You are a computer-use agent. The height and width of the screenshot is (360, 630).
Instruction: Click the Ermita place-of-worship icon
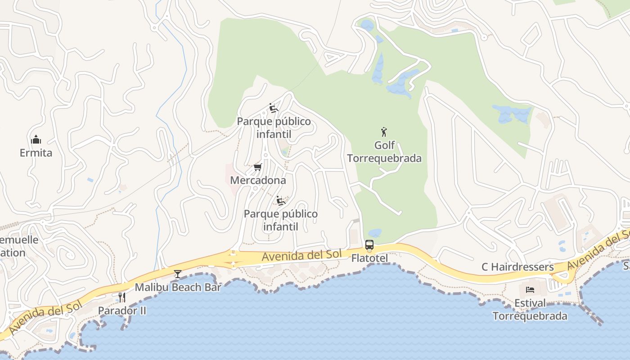click(36, 139)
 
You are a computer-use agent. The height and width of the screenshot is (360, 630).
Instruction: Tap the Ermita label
click(36, 153)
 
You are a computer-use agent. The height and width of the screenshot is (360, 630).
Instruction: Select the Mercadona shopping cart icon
click(257, 167)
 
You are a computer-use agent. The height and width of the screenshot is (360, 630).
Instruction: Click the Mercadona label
click(258, 180)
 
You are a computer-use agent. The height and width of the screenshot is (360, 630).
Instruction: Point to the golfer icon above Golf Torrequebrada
click(384, 132)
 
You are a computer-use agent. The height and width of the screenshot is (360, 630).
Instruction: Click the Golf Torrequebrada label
click(384, 152)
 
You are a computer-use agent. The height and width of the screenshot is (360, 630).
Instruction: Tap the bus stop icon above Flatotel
click(369, 245)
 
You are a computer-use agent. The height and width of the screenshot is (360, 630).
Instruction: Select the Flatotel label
click(369, 258)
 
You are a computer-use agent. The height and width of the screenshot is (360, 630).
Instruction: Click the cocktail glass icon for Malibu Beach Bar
click(178, 274)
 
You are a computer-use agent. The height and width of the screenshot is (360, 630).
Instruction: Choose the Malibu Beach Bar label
click(178, 287)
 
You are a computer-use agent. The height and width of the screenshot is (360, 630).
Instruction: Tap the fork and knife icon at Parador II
click(121, 297)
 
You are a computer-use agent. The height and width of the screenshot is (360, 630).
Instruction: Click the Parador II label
click(122, 310)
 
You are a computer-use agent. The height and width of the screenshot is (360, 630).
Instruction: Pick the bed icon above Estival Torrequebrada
click(530, 289)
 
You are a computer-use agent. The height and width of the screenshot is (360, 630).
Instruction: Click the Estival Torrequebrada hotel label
click(530, 310)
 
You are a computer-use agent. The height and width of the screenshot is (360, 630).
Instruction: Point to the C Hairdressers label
click(517, 267)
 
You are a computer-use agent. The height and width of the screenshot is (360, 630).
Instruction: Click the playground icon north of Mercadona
click(273, 108)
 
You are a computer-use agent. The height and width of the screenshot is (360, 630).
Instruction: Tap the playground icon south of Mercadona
click(281, 201)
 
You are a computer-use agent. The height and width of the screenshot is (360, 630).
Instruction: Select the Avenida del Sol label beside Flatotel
click(302, 256)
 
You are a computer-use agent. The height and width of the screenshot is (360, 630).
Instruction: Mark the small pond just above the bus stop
click(374, 233)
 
